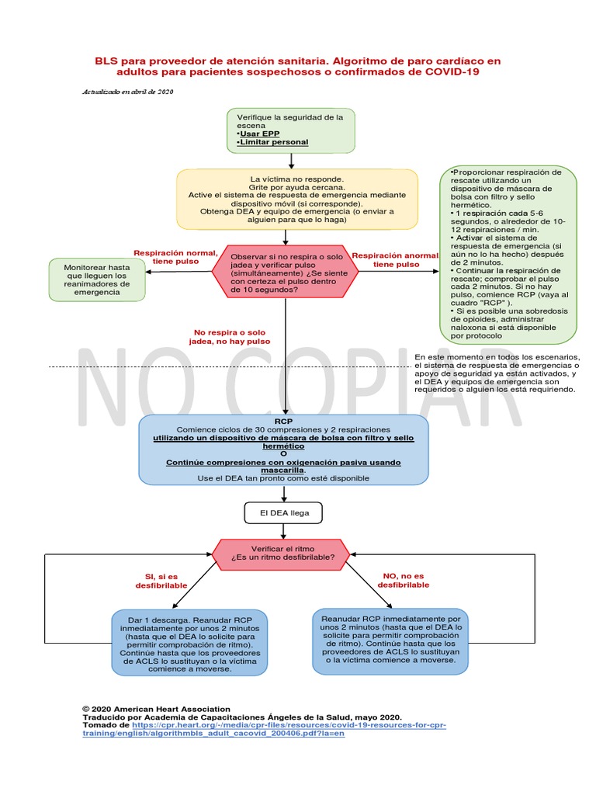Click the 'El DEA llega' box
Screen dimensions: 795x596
[x=284, y=513]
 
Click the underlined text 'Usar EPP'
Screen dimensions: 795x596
[x=261, y=134]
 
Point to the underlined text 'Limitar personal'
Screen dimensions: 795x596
[x=273, y=142]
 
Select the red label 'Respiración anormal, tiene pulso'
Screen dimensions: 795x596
[x=395, y=259]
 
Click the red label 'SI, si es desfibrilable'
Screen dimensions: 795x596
[x=161, y=580]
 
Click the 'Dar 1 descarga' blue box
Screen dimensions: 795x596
[x=191, y=644]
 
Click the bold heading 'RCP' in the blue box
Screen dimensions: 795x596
[x=284, y=421]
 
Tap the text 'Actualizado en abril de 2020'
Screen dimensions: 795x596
[x=128, y=92]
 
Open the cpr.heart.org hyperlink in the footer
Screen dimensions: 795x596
[x=264, y=728]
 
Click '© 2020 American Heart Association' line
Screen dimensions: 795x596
[x=156, y=709]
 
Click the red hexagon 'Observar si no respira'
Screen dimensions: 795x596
[x=285, y=270]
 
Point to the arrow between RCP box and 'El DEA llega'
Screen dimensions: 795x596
[x=284, y=494]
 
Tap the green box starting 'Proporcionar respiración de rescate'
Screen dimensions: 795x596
[x=508, y=253]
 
